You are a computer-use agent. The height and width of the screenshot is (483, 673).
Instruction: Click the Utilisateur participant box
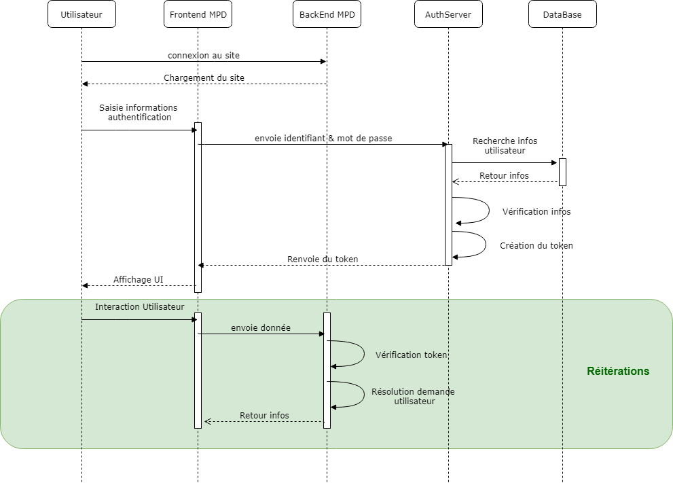coord(81,15)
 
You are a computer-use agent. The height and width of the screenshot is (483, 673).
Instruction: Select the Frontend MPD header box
coord(198,15)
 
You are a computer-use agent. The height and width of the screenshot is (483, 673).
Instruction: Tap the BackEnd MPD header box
coord(327,15)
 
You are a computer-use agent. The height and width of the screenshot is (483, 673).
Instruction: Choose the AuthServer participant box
coord(448,15)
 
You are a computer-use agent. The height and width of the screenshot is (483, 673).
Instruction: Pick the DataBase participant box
coord(562,15)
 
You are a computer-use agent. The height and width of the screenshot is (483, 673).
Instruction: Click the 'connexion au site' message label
coord(204,55)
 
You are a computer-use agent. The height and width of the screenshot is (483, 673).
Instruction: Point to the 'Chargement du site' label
coord(204,78)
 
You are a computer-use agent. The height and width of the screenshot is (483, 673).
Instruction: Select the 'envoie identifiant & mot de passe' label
coord(323,139)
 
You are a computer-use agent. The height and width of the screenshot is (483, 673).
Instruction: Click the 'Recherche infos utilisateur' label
coord(505,145)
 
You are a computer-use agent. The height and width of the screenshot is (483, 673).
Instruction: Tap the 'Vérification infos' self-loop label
coord(536,212)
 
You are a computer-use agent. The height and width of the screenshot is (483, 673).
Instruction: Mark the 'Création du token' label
coord(536,246)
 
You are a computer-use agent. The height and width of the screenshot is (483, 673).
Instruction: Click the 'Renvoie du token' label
coord(323,260)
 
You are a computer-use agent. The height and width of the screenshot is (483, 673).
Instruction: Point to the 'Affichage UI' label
coord(139,280)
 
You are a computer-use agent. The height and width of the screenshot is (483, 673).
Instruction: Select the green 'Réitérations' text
coord(618,372)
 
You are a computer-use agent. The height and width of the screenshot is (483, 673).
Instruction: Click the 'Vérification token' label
coord(412,355)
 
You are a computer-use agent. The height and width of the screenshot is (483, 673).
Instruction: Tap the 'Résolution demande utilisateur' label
coord(413,397)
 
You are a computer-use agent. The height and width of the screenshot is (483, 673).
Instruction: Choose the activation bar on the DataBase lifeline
coord(562,172)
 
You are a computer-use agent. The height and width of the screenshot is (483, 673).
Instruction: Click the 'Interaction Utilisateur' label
coord(139,307)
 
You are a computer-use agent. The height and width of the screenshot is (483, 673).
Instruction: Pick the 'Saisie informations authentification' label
coord(139,113)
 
